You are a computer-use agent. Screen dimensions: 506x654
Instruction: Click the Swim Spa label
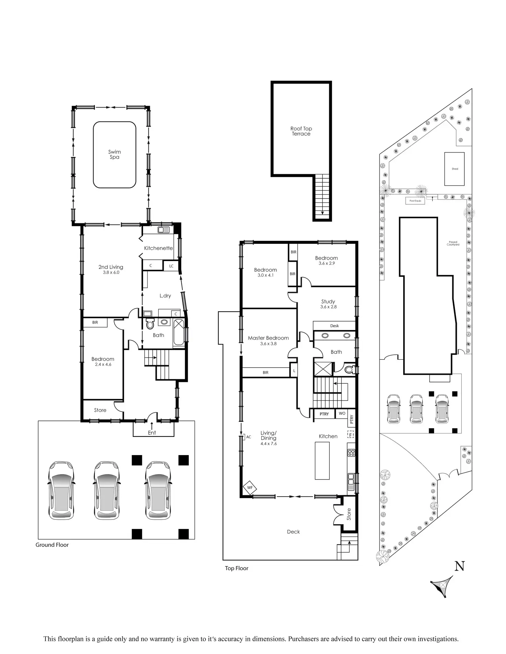point(114,154)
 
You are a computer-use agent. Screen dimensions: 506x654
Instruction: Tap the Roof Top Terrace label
point(301,131)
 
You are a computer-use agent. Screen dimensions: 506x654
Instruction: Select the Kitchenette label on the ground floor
point(158,248)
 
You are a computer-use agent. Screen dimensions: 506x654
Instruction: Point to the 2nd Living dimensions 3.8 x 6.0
point(111,272)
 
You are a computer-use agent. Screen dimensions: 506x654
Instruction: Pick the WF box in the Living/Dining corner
point(250,487)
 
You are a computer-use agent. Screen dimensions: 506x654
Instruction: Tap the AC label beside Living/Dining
point(249,437)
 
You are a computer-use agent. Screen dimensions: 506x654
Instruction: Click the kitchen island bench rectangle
point(322,460)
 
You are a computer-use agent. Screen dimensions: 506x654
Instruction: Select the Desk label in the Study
point(334,326)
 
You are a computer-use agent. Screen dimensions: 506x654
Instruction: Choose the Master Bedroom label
point(268,338)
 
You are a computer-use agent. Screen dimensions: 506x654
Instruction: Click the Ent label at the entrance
point(152,433)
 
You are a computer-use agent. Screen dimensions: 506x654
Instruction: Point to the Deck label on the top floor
point(293,532)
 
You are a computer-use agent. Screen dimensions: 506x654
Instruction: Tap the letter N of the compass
point(460,566)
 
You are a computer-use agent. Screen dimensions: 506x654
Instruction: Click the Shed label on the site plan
point(455,169)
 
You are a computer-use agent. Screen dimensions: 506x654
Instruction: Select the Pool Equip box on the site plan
point(415,201)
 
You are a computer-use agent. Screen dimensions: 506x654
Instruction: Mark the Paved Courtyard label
point(453,243)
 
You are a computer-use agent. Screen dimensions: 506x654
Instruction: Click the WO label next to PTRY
point(342,414)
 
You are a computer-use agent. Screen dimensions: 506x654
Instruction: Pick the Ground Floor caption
point(52,545)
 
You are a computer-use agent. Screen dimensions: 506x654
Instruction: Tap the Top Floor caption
point(236,568)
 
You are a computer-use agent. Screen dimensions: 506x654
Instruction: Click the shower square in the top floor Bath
point(323,369)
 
